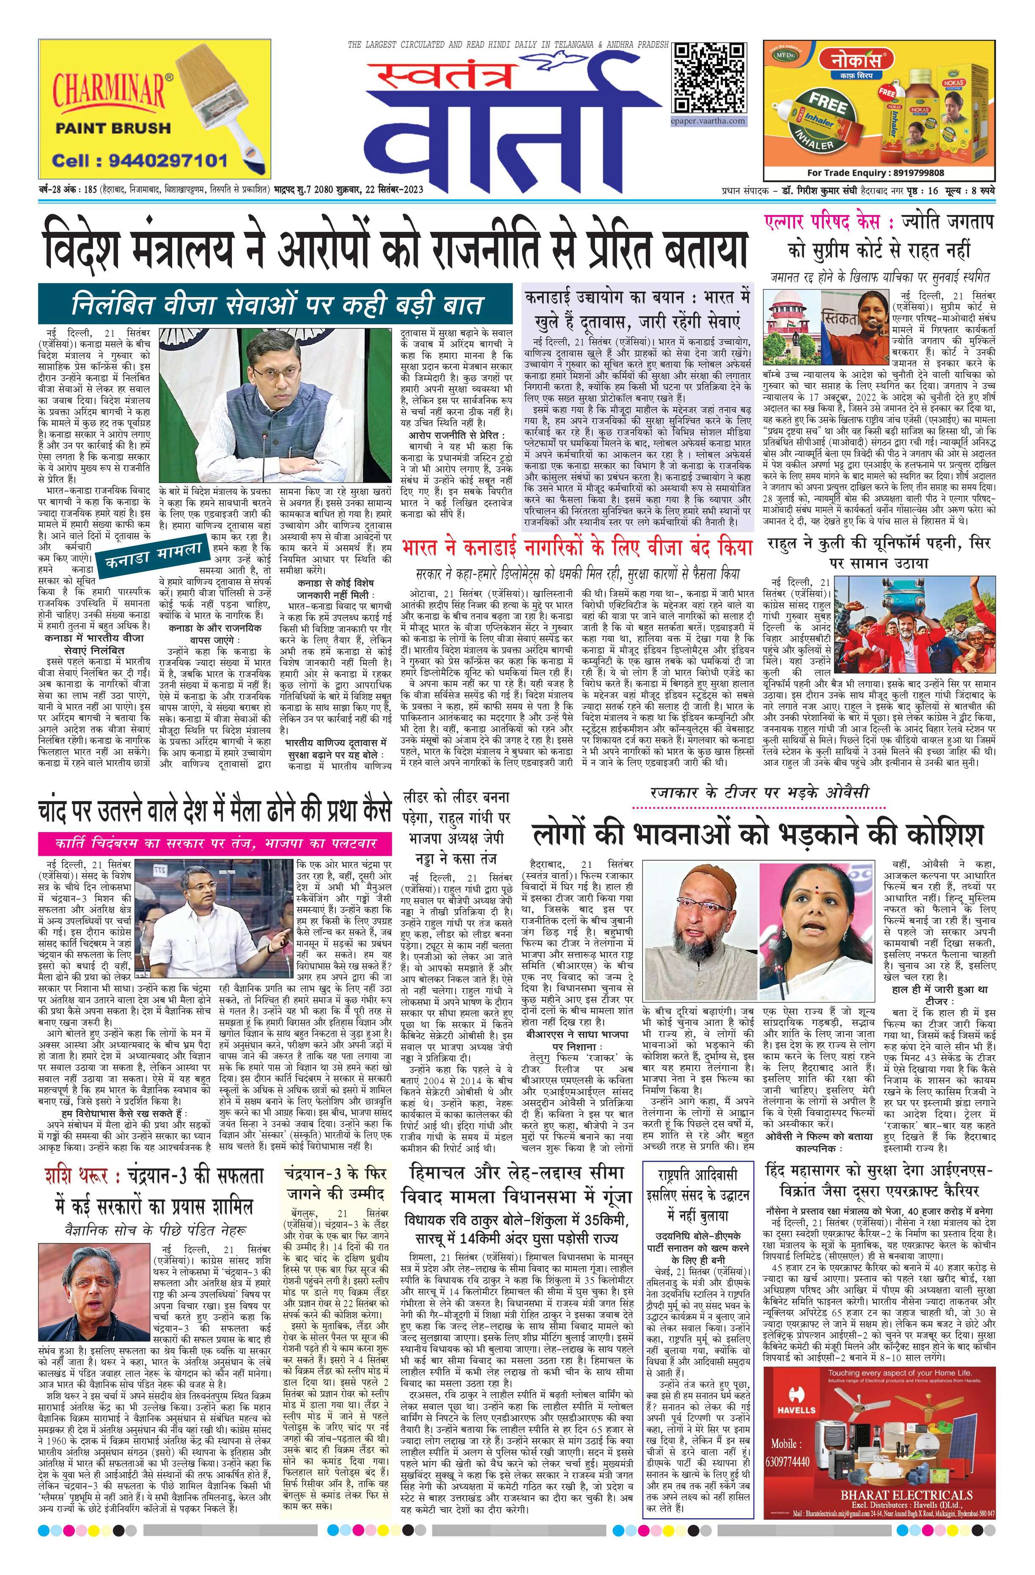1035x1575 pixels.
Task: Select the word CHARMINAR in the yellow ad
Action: (108, 87)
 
